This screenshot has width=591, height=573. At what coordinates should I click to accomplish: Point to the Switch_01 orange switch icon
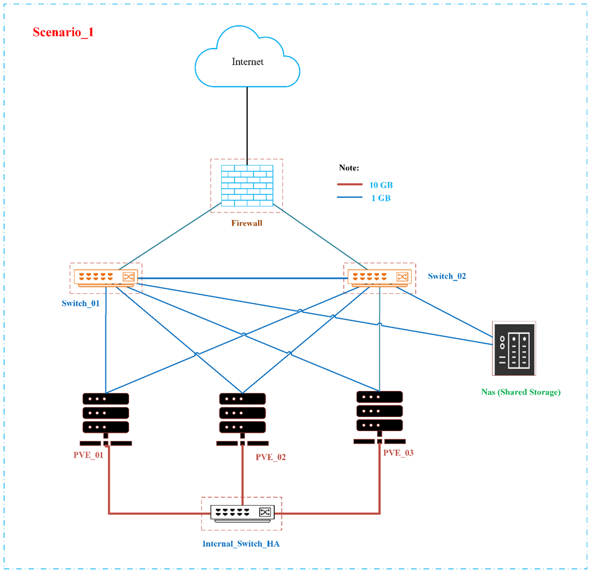tap(105, 278)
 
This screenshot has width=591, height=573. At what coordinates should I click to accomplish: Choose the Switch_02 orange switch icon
tap(379, 277)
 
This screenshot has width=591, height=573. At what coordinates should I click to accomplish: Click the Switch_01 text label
tap(81, 303)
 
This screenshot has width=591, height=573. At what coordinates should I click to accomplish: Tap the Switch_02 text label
tap(447, 276)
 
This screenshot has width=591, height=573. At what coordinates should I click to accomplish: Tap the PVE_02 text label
tap(270, 457)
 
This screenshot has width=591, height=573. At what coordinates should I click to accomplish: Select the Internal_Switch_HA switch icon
tap(242, 512)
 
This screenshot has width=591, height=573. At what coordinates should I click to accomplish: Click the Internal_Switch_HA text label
tap(241, 544)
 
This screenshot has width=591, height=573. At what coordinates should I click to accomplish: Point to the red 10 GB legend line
tap(350, 184)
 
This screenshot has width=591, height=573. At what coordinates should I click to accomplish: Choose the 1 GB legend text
tap(381, 198)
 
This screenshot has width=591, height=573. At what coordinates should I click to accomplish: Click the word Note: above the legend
tap(349, 167)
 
